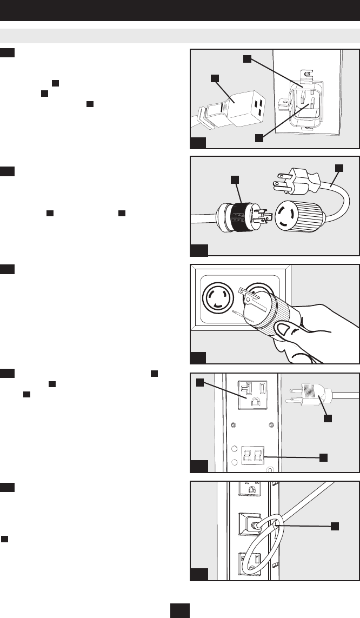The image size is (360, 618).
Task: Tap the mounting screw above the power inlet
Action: (x=306, y=74)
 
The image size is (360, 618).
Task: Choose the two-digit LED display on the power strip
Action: (x=252, y=457)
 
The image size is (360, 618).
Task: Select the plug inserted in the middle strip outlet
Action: (x=254, y=525)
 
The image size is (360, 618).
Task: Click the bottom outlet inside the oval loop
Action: (x=252, y=564)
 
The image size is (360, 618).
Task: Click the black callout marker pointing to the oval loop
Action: (x=335, y=525)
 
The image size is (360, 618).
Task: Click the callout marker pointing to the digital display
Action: (x=323, y=457)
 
